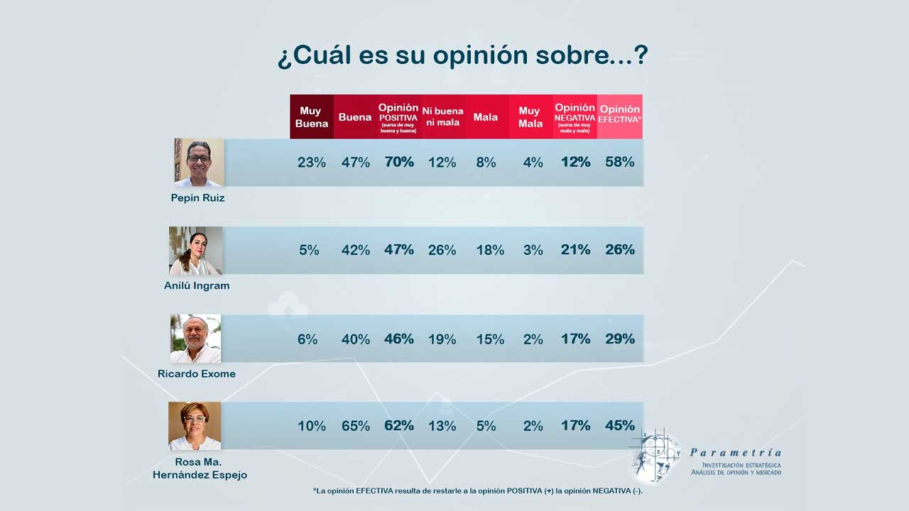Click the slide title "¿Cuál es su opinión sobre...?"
[462, 56]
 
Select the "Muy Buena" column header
[311, 117]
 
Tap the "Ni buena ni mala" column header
[442, 117]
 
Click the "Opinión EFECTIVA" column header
[619, 114]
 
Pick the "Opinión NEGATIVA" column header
[575, 116]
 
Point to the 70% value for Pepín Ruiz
[399, 162]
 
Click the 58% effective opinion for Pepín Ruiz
[619, 162]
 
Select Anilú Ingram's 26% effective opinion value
[619, 250]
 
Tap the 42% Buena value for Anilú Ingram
[355, 250]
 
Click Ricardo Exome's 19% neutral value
[442, 339]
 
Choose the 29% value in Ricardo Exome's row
[619, 339]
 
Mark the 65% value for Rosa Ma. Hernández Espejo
[355, 426]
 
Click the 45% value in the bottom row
[619, 426]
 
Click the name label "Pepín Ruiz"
[197, 198]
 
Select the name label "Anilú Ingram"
[197, 286]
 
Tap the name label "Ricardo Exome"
[197, 374]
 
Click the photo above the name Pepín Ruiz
[199, 163]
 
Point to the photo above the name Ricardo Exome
[195, 339]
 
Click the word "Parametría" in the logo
[736, 453]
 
